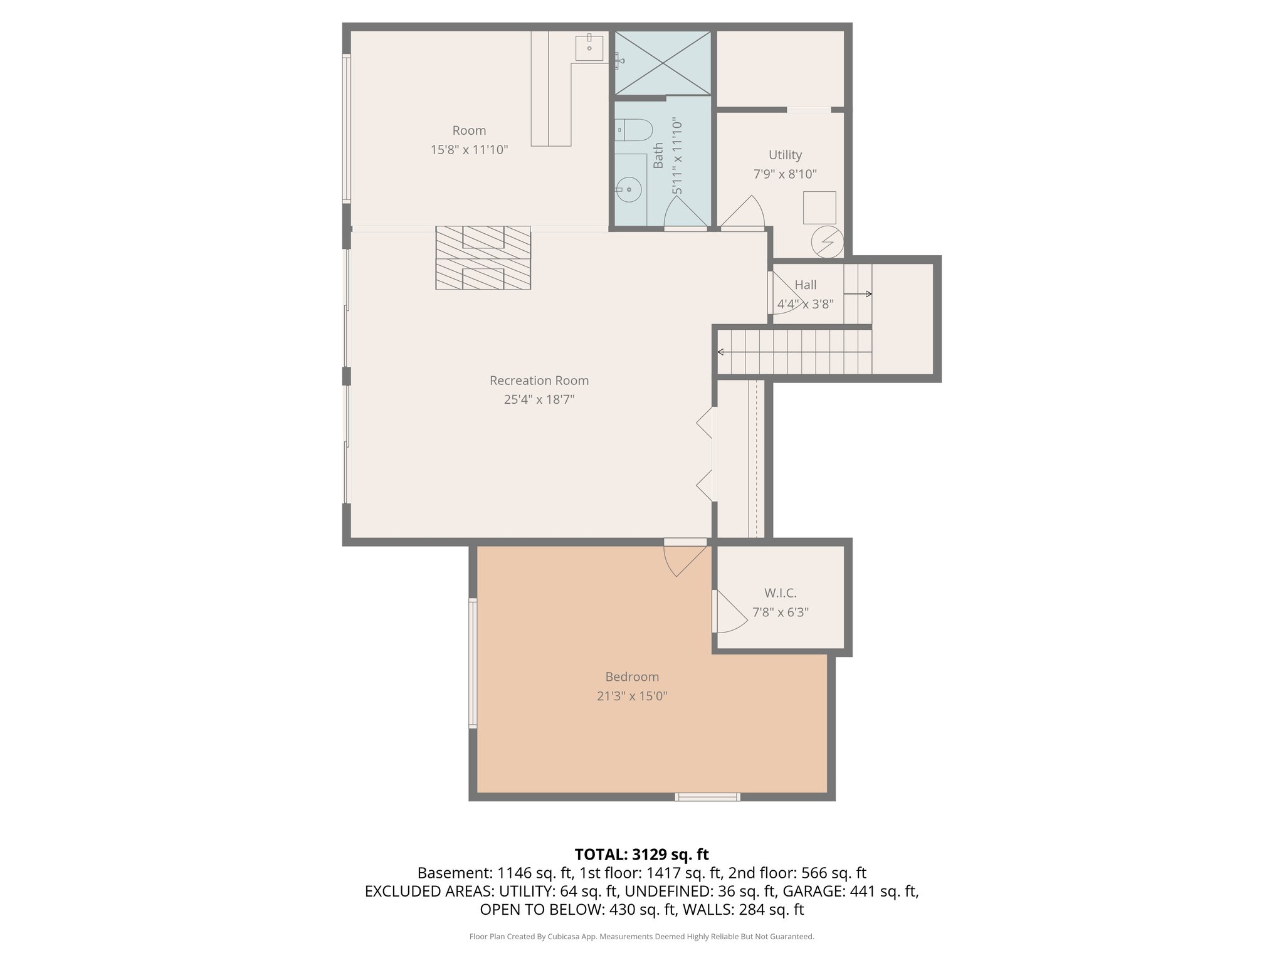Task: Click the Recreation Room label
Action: [539, 381]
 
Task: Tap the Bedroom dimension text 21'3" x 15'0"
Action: [631, 696]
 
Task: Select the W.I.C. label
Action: [780, 593]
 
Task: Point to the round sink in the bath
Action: [628, 189]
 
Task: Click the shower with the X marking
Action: [662, 62]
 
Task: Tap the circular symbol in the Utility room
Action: [827, 241]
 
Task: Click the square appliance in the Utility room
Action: [819, 208]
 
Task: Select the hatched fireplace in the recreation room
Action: [483, 258]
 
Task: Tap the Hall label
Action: [805, 285]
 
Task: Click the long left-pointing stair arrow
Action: [794, 352]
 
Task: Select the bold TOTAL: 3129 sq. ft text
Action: [641, 854]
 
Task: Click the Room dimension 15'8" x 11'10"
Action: [469, 150]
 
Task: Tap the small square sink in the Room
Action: [589, 48]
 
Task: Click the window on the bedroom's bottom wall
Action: [707, 797]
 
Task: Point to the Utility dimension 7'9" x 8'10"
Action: [785, 174]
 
